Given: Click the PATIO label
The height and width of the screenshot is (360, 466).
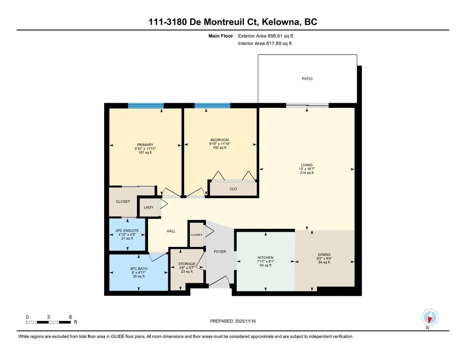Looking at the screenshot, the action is [x=307, y=79].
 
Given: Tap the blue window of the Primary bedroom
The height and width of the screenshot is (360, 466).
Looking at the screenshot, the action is [x=146, y=105].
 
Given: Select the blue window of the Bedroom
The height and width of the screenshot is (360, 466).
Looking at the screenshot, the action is [x=212, y=105].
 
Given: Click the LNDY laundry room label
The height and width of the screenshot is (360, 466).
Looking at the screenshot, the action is [x=149, y=207].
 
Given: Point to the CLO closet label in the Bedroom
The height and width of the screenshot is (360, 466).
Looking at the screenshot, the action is [x=233, y=189].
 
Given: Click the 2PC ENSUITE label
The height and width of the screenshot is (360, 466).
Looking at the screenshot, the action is [x=127, y=231].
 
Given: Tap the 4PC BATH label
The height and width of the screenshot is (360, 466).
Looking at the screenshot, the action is [x=138, y=269].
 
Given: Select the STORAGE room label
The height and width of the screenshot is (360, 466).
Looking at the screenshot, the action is [x=187, y=264].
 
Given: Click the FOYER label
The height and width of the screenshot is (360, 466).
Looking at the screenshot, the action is [x=220, y=252].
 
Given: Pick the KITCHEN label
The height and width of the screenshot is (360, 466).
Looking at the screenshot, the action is [x=265, y=257].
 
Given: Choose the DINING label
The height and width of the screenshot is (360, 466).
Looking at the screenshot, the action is [x=324, y=255].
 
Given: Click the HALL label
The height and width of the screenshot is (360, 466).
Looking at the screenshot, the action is [x=171, y=231].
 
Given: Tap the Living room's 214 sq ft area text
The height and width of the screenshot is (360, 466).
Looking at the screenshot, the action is [x=307, y=172].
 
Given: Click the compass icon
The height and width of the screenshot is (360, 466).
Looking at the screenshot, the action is [x=430, y=317].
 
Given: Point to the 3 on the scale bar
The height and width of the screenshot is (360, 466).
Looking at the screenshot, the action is [x=48, y=317].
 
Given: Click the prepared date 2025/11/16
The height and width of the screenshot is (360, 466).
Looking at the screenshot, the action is [x=245, y=321].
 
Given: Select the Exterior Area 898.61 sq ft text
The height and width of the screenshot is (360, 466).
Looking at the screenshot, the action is [x=265, y=36].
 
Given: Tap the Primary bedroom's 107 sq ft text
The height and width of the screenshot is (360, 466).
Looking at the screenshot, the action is [x=145, y=152].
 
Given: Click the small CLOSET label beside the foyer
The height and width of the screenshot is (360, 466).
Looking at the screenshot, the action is [x=196, y=235].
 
